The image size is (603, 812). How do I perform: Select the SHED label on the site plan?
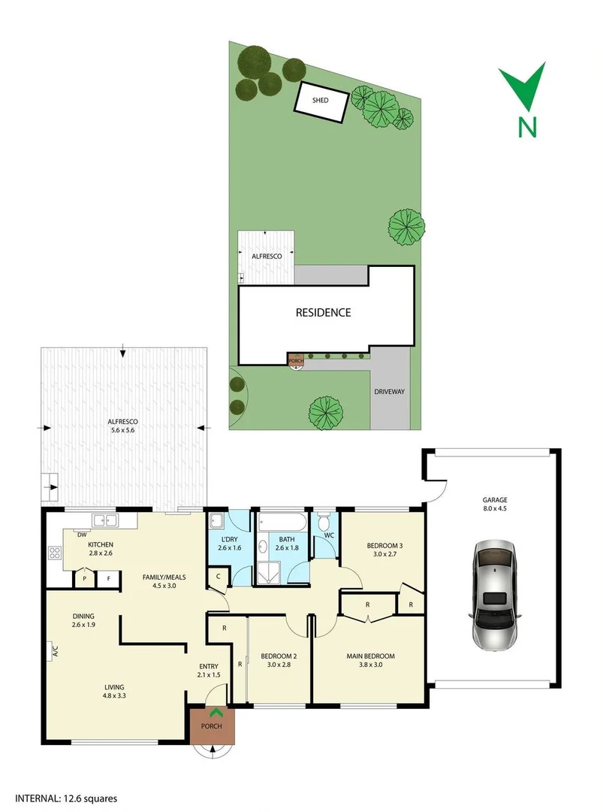321,100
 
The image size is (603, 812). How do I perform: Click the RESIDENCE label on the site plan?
323,313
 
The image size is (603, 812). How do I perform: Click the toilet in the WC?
324,523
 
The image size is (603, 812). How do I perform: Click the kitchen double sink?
104,520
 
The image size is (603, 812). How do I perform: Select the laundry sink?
216,521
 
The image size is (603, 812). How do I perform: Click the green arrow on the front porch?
216,713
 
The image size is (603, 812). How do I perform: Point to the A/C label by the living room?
55,651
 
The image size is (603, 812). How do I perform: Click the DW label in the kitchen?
80,535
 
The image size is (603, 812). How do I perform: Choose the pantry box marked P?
84,578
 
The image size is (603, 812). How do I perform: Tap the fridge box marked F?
108,578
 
